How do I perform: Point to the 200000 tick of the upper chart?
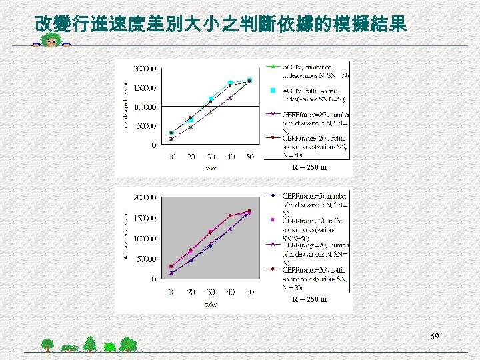[x=145, y=68]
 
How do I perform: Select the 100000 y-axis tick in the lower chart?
[x=145, y=239]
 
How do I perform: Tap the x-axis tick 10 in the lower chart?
[x=171, y=291]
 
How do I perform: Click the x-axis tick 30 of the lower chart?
[x=210, y=291]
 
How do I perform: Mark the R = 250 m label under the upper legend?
[x=309, y=167]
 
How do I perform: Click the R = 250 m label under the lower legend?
[x=309, y=299]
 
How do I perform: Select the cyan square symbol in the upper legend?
[x=273, y=90]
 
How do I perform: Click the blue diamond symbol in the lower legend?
[x=273, y=195]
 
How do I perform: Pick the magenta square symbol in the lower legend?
[x=273, y=219]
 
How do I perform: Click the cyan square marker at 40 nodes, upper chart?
[x=230, y=83]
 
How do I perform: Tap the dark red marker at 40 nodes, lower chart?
[x=230, y=215]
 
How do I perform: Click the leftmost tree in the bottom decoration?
[x=47, y=344]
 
